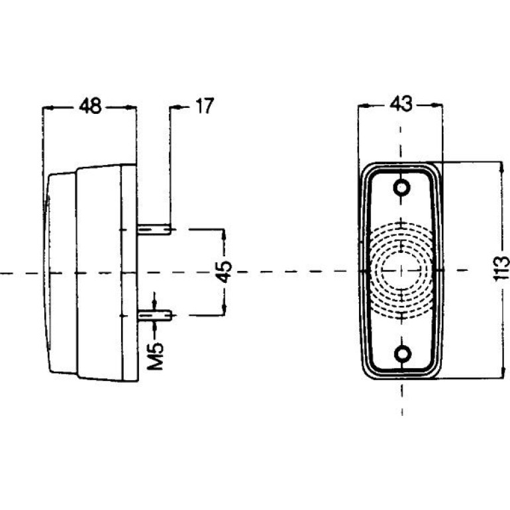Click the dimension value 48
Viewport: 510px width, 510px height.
[90, 106]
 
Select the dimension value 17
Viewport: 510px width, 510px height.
[205, 106]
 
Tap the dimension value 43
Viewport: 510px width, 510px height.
[401, 104]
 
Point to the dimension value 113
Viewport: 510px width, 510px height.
[501, 269]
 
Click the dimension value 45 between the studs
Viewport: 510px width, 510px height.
[225, 272]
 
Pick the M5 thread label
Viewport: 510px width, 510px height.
[155, 356]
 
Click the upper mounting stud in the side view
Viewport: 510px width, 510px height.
[154, 229]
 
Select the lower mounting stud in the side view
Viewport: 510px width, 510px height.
[154, 315]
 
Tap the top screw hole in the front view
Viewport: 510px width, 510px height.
[401, 187]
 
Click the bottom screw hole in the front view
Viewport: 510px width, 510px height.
[402, 353]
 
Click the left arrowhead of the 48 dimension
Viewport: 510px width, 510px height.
[48, 107]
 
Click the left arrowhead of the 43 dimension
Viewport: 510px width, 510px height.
[364, 105]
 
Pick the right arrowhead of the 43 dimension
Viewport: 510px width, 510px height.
[437, 105]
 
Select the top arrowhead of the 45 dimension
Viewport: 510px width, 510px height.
[224, 235]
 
